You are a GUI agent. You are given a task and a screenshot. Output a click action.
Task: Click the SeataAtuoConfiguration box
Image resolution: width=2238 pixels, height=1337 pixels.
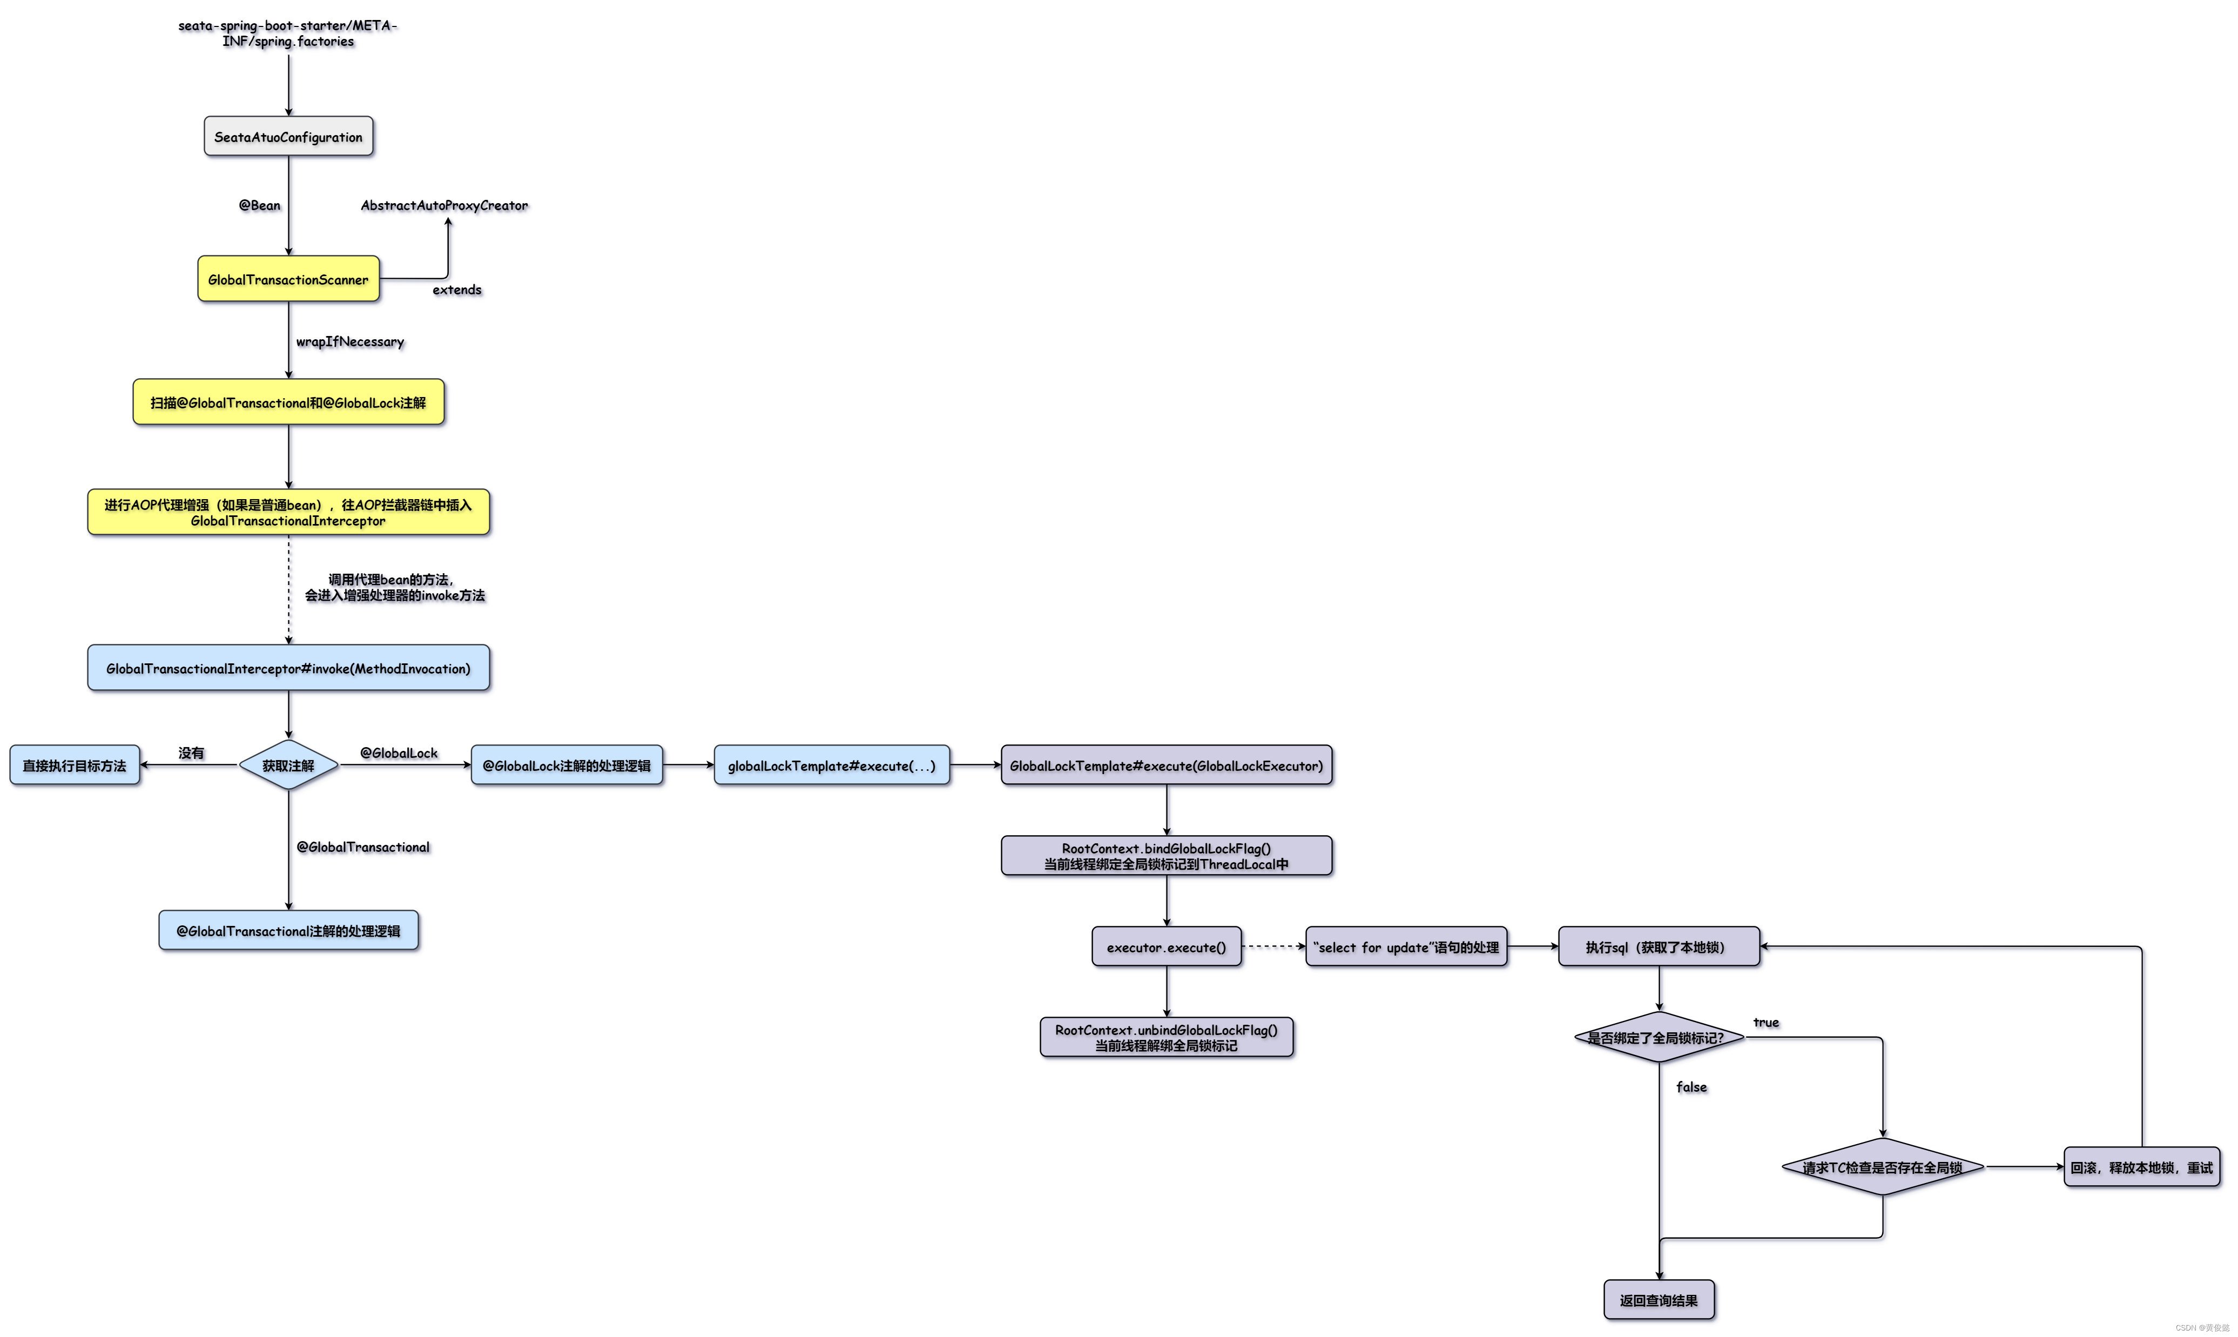(288, 137)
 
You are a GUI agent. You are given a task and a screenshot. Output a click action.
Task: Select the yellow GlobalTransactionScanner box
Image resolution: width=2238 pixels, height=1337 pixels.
(288, 279)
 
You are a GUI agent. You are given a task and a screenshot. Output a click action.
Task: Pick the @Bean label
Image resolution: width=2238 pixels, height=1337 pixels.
(259, 205)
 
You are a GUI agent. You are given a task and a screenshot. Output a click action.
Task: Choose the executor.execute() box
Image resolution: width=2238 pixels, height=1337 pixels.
(1167, 947)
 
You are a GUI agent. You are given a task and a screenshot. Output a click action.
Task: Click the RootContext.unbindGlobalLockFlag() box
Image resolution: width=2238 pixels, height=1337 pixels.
(1167, 1037)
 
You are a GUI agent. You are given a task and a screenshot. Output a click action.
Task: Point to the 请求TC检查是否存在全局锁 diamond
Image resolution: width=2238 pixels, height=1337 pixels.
(1882, 1167)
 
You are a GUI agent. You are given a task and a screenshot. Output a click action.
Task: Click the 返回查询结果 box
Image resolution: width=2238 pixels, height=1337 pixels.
(1659, 1300)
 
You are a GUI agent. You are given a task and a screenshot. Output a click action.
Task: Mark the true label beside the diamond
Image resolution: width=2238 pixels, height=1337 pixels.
(1765, 1023)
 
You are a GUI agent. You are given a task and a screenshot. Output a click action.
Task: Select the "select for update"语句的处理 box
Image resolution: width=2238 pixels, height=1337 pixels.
(1406, 947)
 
